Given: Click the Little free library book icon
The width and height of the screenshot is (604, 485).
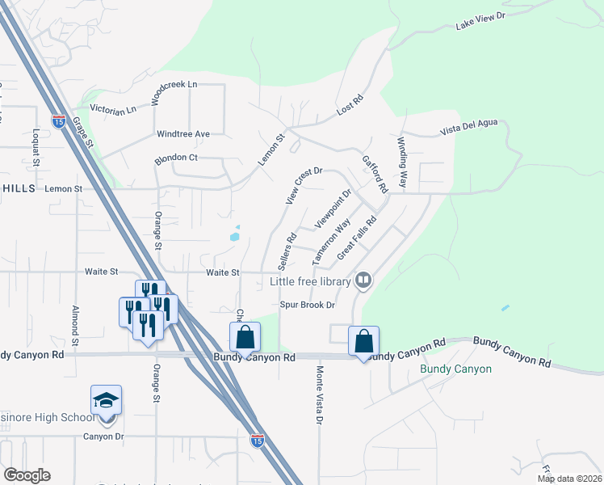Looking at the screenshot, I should coord(363,280).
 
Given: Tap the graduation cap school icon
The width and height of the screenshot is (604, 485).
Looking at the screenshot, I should coord(106,400).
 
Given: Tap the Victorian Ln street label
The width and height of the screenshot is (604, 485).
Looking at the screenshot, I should coord(112,109).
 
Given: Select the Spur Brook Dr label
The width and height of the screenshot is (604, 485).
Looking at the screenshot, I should coord(307,305).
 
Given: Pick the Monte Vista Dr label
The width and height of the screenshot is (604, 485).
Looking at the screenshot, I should coord(319,395).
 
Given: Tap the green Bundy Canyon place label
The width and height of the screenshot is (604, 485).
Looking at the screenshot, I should coord(455,369).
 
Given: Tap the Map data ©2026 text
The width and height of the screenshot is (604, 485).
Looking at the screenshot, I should coord(568,479).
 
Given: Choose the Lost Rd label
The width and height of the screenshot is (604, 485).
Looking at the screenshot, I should coord(351,105).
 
